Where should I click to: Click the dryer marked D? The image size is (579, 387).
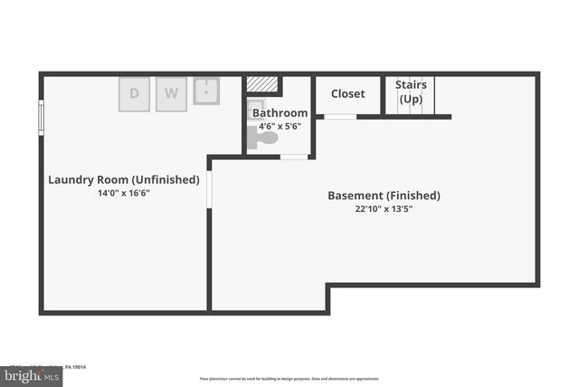[135, 93]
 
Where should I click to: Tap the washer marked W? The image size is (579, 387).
[170, 93]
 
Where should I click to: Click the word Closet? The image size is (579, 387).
[348, 93]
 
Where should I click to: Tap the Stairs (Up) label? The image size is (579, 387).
[411, 92]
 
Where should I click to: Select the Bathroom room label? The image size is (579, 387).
[280, 113]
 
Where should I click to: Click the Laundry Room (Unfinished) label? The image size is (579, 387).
[124, 179]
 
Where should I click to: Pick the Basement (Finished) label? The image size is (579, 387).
[384, 195]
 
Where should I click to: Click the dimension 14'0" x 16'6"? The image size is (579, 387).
[124, 193]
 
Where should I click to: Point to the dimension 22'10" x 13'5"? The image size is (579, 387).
[384, 208]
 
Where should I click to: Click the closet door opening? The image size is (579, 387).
[340, 117]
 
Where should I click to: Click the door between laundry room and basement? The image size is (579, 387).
[210, 189]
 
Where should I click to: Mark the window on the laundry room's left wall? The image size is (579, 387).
[41, 117]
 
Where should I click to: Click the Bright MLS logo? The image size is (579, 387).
[32, 374]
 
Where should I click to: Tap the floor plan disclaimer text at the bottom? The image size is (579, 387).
[289, 379]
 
